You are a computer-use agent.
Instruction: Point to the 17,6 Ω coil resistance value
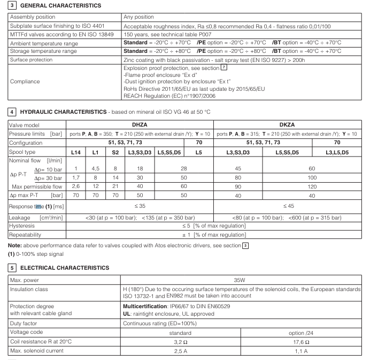click(302, 341)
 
